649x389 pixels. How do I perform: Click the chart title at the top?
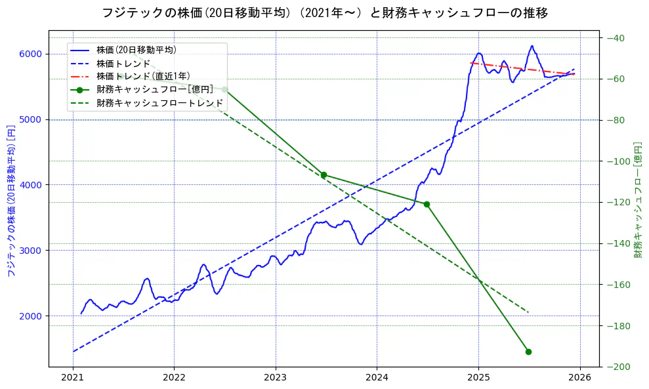[x=324, y=12]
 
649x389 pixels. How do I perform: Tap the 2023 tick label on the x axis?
[x=275, y=379]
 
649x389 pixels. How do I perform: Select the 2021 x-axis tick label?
[x=73, y=379]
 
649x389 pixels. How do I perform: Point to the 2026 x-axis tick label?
[x=579, y=379]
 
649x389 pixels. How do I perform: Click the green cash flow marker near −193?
[x=528, y=352]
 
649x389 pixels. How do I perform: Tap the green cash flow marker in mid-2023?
[x=324, y=174]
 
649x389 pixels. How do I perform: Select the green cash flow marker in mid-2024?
[x=427, y=204]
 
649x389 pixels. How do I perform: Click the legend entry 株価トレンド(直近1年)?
[x=142, y=76]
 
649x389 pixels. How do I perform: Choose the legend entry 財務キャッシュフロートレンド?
[x=159, y=103]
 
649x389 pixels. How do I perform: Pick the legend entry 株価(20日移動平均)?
[x=136, y=49]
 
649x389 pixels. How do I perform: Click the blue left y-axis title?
[x=11, y=200]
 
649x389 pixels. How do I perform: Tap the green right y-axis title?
[x=637, y=200]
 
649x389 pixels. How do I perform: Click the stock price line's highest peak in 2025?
[x=532, y=46]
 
